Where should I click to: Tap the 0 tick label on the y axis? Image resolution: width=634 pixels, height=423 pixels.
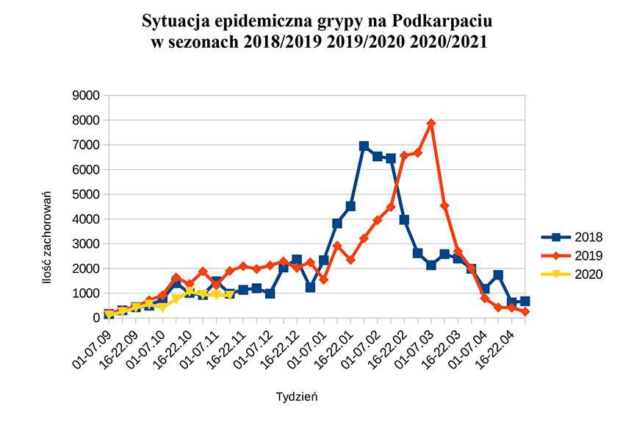pyautogui.click(x=96, y=318)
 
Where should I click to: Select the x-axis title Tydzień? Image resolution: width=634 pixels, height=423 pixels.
pyautogui.click(x=296, y=397)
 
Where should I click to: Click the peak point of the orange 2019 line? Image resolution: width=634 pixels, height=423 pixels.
pyautogui.click(x=431, y=124)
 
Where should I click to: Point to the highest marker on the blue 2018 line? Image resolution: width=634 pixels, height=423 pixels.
pyautogui.click(x=364, y=146)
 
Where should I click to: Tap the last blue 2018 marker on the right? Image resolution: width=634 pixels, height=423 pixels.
pyautogui.click(x=525, y=301)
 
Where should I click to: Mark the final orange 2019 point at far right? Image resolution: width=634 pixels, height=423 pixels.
pyautogui.click(x=525, y=312)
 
